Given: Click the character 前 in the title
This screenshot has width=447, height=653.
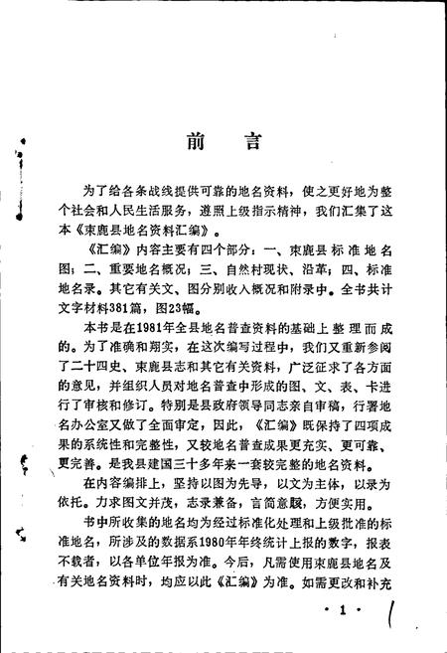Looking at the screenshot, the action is tap(193, 141).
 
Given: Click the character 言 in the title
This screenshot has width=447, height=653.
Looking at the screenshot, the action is tap(252, 141).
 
